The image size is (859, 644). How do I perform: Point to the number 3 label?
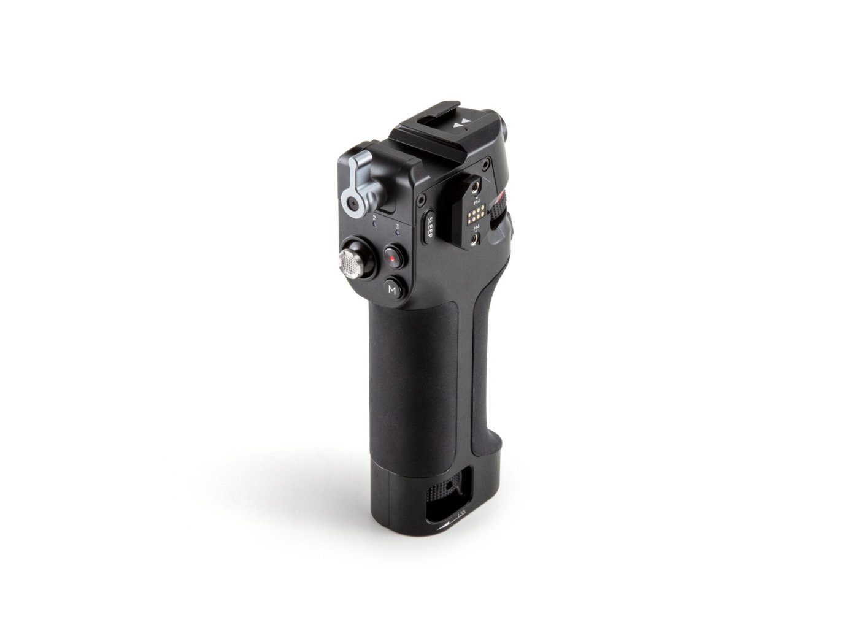click(x=398, y=227)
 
